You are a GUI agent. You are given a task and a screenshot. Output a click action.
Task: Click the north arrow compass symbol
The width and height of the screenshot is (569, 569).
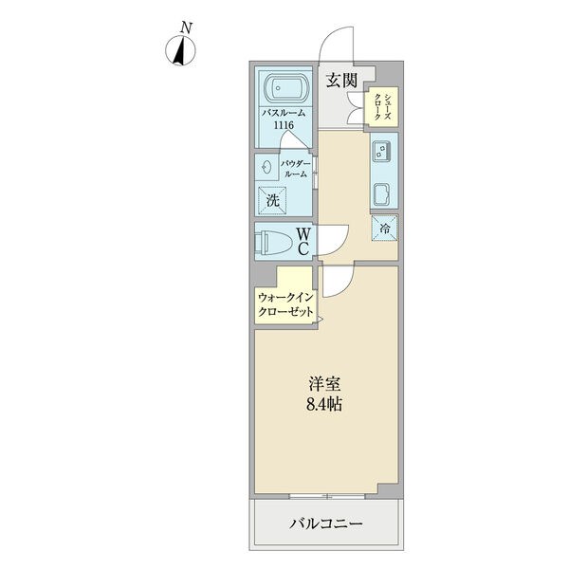pyautogui.click(x=180, y=51)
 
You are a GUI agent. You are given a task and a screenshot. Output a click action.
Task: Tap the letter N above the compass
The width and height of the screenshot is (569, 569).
pyautogui.click(x=187, y=28)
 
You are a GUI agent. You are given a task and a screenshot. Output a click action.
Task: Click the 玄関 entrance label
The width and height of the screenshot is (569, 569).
pyautogui.click(x=341, y=81)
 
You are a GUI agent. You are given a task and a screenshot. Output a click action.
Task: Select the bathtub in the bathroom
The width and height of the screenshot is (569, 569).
pyautogui.click(x=286, y=88)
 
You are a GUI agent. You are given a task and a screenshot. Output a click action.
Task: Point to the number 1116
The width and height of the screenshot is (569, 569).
pyautogui.click(x=284, y=125)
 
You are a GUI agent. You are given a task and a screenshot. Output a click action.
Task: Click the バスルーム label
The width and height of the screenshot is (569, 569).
pyautogui.click(x=284, y=113)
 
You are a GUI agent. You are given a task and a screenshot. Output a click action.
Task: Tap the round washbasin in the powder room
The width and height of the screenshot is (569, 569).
pyautogui.click(x=266, y=167)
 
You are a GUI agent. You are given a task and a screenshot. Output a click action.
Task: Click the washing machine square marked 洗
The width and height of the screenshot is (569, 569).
pyautogui.click(x=272, y=201)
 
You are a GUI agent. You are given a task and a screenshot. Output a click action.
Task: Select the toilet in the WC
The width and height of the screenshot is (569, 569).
pyautogui.click(x=274, y=242)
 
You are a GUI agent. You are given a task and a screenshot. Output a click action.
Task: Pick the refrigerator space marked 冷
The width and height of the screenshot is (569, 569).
pyautogui.click(x=384, y=229)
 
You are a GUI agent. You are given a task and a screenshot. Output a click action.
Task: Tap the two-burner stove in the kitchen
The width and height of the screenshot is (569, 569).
pyautogui.click(x=381, y=151)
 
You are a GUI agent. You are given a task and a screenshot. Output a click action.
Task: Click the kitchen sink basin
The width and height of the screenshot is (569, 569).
pyautogui.click(x=381, y=195)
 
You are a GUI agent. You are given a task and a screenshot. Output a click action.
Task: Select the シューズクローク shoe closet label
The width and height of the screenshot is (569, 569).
pyautogui.click(x=382, y=106)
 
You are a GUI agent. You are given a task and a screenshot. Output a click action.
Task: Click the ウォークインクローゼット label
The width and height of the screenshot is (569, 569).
pyautogui.click(x=285, y=304)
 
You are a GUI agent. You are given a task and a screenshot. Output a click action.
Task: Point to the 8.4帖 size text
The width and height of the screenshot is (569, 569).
pyautogui.click(x=324, y=404)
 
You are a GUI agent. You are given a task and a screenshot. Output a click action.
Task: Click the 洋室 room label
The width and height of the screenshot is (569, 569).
pyautogui.click(x=324, y=385)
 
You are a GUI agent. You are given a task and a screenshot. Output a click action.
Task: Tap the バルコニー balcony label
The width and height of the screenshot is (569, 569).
pyautogui.click(x=326, y=523)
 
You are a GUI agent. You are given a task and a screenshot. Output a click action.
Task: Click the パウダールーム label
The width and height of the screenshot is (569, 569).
pyautogui.click(x=296, y=169)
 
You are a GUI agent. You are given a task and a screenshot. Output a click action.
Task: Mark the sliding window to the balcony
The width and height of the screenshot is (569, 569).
pyautogui.click(x=327, y=496)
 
